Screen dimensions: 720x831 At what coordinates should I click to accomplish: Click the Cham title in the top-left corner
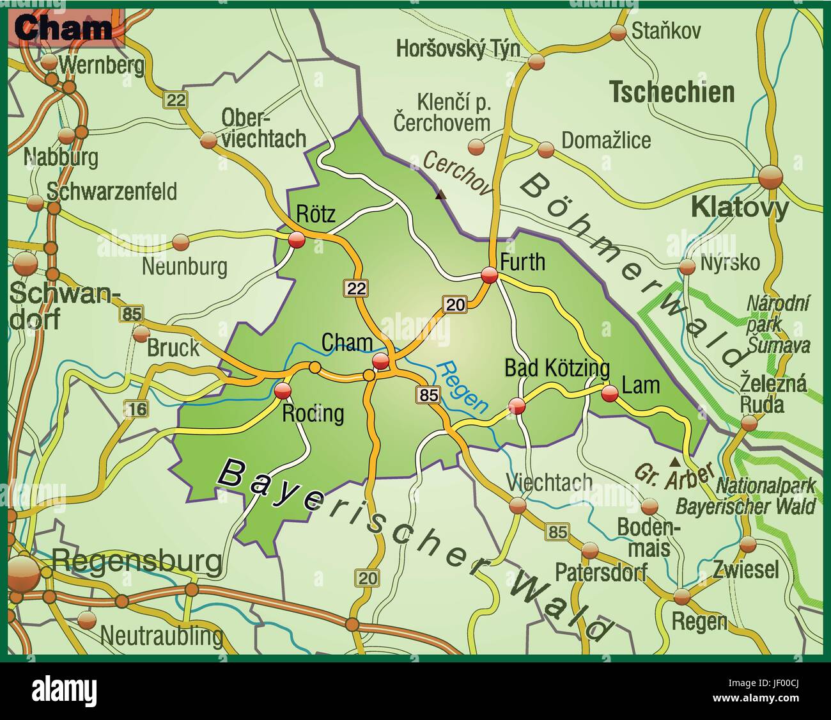coord(62,28)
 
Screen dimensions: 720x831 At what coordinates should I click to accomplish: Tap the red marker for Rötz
coord(297,240)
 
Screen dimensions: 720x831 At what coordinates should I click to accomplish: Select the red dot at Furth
coord(490,275)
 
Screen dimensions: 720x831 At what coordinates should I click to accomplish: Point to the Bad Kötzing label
coord(557,369)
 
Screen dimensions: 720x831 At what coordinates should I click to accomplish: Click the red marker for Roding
coord(283,391)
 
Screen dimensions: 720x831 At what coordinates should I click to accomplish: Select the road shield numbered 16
coord(136,408)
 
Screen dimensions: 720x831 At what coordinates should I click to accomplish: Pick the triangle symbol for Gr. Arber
coord(674,461)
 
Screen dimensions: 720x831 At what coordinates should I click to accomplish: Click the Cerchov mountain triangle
coord(440,195)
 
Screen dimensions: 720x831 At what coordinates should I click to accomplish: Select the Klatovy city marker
coord(770,177)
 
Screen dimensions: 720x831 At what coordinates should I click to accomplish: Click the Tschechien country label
coord(671,93)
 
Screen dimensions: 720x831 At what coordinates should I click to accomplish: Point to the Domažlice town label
coord(605,140)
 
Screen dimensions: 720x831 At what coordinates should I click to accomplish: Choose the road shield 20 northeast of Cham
coord(455,305)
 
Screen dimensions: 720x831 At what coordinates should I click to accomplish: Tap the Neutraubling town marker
coord(86,619)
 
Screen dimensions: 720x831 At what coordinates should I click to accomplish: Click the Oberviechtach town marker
coord(209,140)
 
